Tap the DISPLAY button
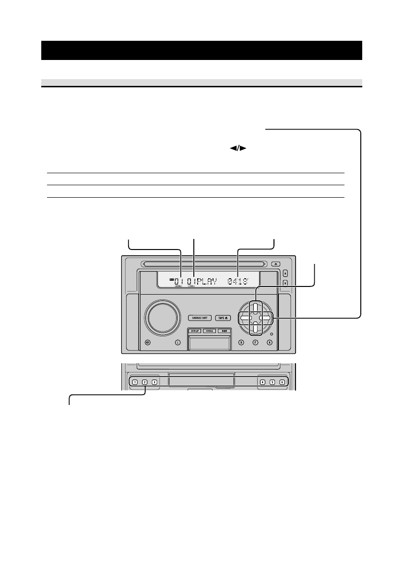[195, 331]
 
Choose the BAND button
[224, 331]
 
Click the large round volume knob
[162, 318]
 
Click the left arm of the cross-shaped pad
[244, 318]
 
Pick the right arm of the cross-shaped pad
[267, 318]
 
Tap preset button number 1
[135, 382]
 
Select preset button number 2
[145, 382]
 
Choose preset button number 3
[154, 382]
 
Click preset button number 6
[282, 382]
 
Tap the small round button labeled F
[256, 343]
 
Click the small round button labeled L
[178, 343]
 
